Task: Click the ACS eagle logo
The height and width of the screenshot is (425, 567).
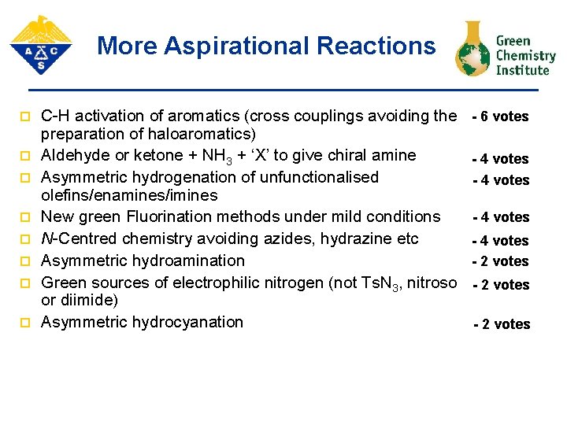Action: click(41, 45)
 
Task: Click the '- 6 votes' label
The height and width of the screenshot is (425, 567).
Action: click(500, 116)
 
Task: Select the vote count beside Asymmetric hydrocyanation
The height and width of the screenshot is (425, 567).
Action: click(502, 324)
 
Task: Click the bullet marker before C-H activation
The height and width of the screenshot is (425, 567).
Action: click(24, 117)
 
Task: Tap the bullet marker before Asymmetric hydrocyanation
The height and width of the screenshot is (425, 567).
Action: click(24, 323)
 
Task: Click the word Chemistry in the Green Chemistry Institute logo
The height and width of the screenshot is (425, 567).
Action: click(526, 56)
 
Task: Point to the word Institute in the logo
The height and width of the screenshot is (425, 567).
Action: click(522, 70)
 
